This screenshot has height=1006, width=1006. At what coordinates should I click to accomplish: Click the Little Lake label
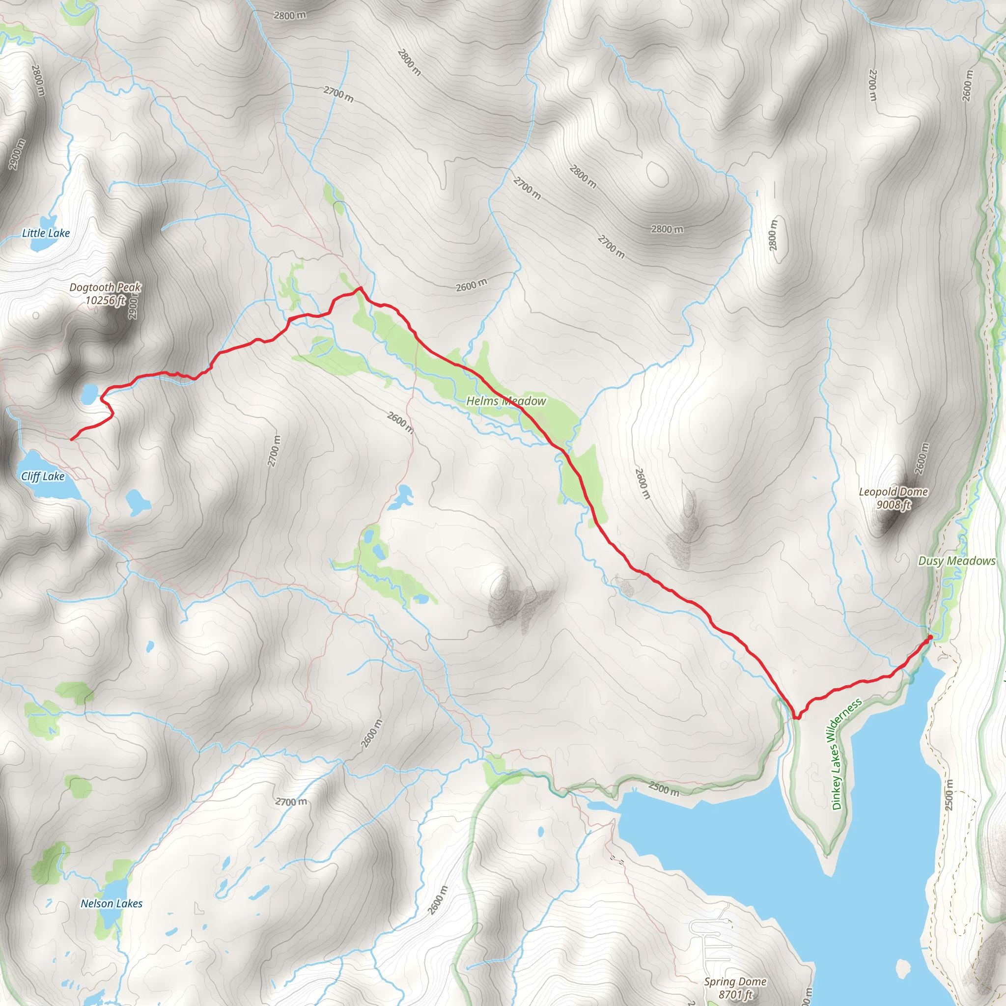pyautogui.click(x=46, y=233)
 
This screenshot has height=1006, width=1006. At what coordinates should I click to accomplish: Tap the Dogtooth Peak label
pyautogui.click(x=105, y=287)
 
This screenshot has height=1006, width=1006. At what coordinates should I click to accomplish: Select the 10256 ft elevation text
pyautogui.click(x=105, y=301)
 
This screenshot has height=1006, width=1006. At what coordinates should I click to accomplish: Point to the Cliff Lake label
pyautogui.click(x=43, y=476)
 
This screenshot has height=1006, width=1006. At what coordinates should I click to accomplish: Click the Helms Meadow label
pyautogui.click(x=505, y=401)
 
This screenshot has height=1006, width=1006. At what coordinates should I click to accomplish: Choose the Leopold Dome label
pyautogui.click(x=894, y=492)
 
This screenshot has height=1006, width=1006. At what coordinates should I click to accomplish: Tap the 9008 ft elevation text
pyautogui.click(x=894, y=504)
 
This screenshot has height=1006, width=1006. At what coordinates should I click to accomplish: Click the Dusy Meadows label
pyautogui.click(x=956, y=561)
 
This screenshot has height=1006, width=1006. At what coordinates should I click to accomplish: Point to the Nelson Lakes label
pyautogui.click(x=112, y=903)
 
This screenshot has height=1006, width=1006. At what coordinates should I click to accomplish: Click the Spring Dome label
pyautogui.click(x=735, y=981)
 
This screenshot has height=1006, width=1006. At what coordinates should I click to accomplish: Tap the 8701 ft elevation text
pyautogui.click(x=735, y=995)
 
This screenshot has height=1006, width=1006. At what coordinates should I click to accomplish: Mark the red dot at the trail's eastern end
pyautogui.click(x=930, y=637)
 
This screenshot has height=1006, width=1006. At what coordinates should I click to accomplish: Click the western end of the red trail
pyautogui.click(x=72, y=440)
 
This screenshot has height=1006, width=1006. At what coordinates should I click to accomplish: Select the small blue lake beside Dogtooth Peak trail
pyautogui.click(x=89, y=393)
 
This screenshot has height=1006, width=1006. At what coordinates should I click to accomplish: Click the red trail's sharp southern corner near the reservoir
pyautogui.click(x=796, y=719)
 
